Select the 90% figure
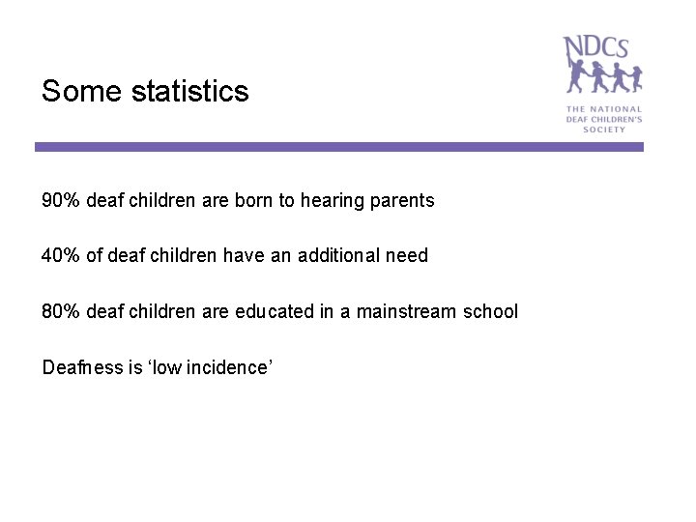pyautogui.click(x=61, y=201)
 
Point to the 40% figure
pyautogui.click(x=61, y=256)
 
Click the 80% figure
pyautogui.click(x=61, y=311)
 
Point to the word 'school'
pyautogui.click(x=490, y=311)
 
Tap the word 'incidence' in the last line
pyautogui.click(x=228, y=367)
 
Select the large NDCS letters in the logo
pyautogui.click(x=596, y=47)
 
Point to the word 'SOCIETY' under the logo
pyautogui.click(x=604, y=130)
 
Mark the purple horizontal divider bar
pyautogui.click(x=338, y=147)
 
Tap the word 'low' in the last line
pyautogui.click(x=168, y=367)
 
